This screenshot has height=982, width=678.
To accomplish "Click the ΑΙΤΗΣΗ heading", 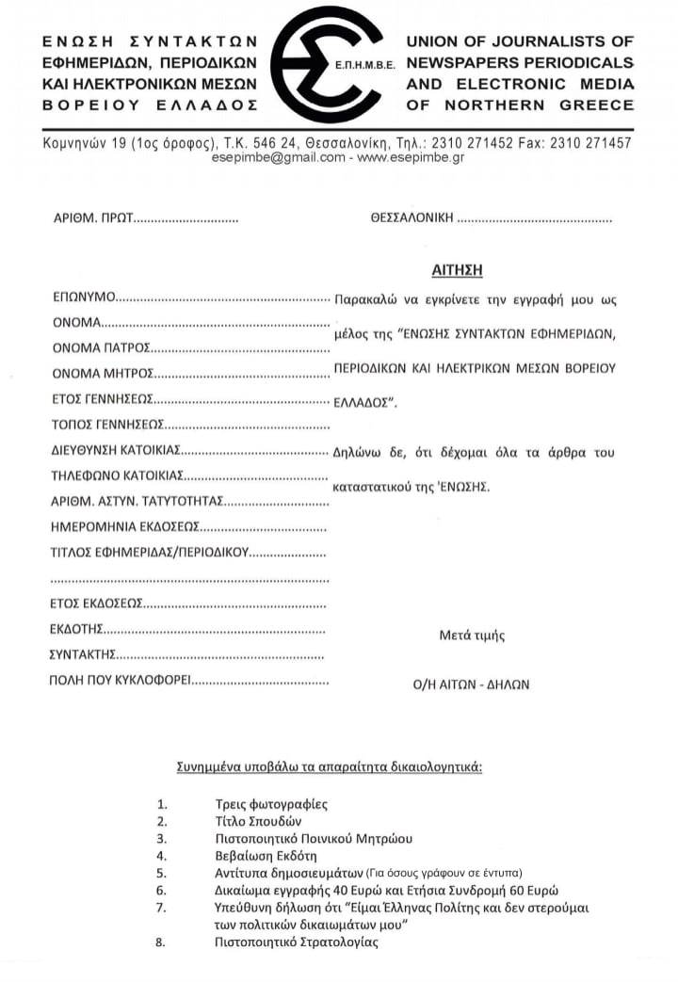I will [457, 269].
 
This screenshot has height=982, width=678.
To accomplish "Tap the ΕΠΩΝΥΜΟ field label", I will [83, 298].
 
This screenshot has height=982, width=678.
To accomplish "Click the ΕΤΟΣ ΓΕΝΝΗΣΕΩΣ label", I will [102, 399].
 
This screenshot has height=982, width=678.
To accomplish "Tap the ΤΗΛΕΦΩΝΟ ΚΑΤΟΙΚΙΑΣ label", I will [116, 475].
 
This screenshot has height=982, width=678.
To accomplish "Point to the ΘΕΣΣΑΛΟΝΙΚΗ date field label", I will [412, 218].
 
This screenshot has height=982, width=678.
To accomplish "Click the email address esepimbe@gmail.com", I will [279, 158].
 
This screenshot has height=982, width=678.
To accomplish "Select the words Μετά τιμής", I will [472, 636].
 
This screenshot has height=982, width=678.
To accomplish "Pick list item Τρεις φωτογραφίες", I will [271, 804].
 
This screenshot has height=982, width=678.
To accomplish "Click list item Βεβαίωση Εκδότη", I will [266, 856].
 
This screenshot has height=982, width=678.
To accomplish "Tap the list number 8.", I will [161, 942].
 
